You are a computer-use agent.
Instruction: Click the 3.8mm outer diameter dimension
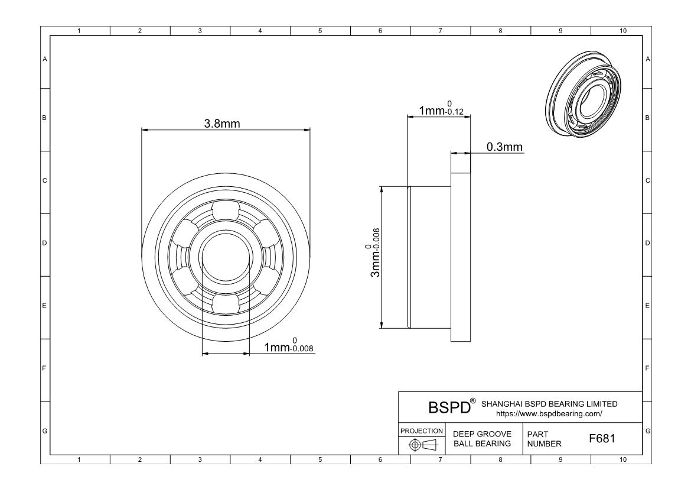click(222, 124)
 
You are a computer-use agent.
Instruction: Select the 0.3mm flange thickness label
click(504, 147)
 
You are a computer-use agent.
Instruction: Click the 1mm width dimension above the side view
click(441, 109)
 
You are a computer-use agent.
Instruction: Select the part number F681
click(602, 439)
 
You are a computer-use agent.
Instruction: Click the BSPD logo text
click(449, 407)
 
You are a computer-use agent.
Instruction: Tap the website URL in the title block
click(549, 414)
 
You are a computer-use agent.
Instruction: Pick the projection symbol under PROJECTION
click(423, 445)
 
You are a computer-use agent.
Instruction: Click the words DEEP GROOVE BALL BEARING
click(482, 439)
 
